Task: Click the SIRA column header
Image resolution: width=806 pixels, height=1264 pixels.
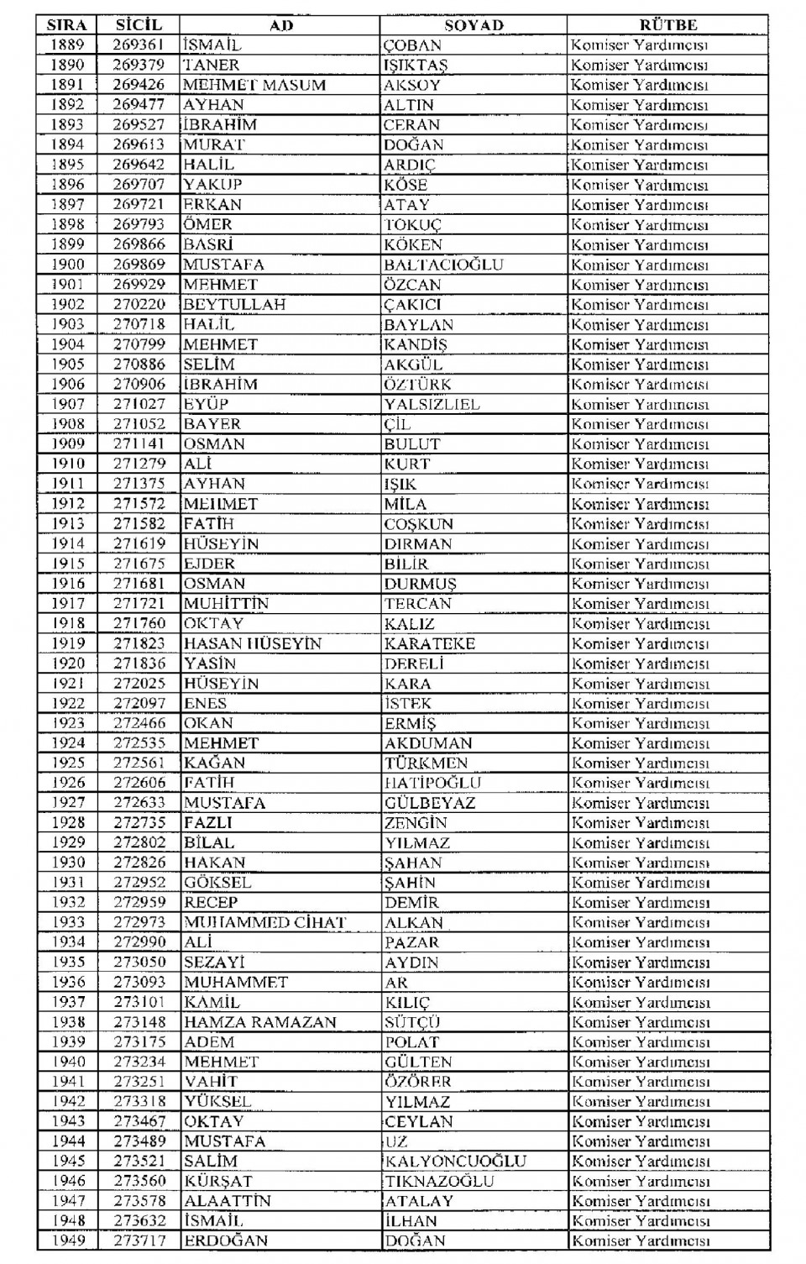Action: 67,25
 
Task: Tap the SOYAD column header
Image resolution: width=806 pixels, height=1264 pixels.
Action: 474,25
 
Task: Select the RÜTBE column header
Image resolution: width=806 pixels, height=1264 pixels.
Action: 667,25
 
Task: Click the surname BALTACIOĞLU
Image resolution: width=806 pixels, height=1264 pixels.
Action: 443,265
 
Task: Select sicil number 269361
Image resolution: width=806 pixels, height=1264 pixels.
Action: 139,45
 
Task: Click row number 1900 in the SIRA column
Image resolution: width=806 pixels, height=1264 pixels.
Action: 67,265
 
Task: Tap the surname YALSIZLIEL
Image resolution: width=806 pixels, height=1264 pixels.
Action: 432,404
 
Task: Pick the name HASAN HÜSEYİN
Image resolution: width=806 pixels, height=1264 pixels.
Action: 253,643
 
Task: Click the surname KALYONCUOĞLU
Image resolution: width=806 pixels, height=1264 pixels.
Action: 455,1161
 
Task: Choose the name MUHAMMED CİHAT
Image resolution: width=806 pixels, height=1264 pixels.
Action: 265,922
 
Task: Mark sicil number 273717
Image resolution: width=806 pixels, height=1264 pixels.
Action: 139,1240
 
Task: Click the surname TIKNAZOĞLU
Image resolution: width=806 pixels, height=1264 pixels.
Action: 439,1181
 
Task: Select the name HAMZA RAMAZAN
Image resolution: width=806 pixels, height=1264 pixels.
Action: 260,1022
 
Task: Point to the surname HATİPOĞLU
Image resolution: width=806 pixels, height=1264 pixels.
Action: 432,783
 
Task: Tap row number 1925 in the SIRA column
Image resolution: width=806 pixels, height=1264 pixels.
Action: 67,763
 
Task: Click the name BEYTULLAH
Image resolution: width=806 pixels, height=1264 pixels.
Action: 222,304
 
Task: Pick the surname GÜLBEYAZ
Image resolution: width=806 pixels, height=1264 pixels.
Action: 430,803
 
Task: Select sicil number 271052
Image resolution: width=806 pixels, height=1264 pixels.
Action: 139,424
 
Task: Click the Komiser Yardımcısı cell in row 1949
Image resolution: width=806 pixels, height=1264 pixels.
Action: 641,1240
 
